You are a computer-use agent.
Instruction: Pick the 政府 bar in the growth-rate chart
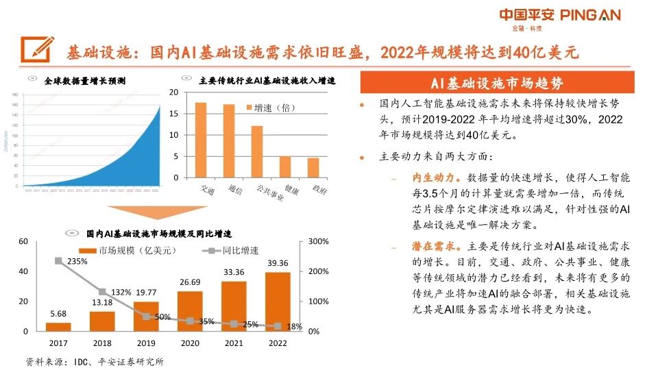pos(313,167)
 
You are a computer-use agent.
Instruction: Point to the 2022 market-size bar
pos(278,301)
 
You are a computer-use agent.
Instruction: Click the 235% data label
pos(77,262)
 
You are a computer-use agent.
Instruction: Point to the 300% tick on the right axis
pos(319,242)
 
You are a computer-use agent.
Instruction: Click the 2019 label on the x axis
pos(145,343)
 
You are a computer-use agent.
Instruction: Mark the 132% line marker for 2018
pos(101,292)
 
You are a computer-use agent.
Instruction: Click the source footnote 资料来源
pos(95,361)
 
